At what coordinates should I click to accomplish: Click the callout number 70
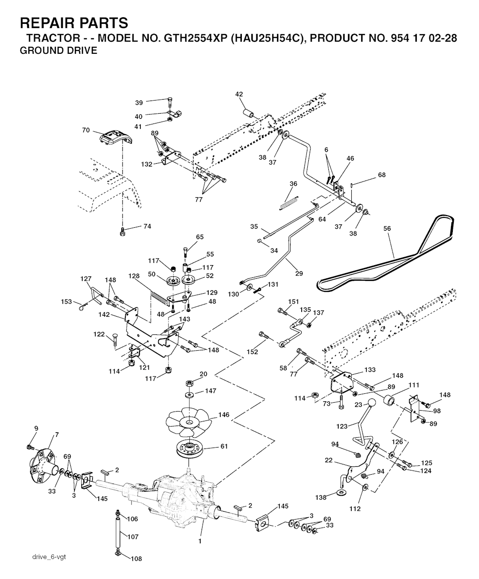(86, 130)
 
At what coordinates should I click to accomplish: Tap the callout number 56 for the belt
(387, 229)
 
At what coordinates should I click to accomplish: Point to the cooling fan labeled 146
(189, 424)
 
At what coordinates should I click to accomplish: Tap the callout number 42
(239, 94)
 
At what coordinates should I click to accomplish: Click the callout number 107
(133, 537)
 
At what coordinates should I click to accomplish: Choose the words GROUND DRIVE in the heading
(58, 51)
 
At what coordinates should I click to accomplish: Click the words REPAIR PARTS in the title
(74, 22)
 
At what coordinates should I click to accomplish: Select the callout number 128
(134, 276)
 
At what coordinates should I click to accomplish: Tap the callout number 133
(370, 369)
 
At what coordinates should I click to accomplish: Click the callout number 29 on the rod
(298, 274)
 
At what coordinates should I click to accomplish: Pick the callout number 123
(342, 426)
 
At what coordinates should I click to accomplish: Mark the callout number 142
(104, 315)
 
